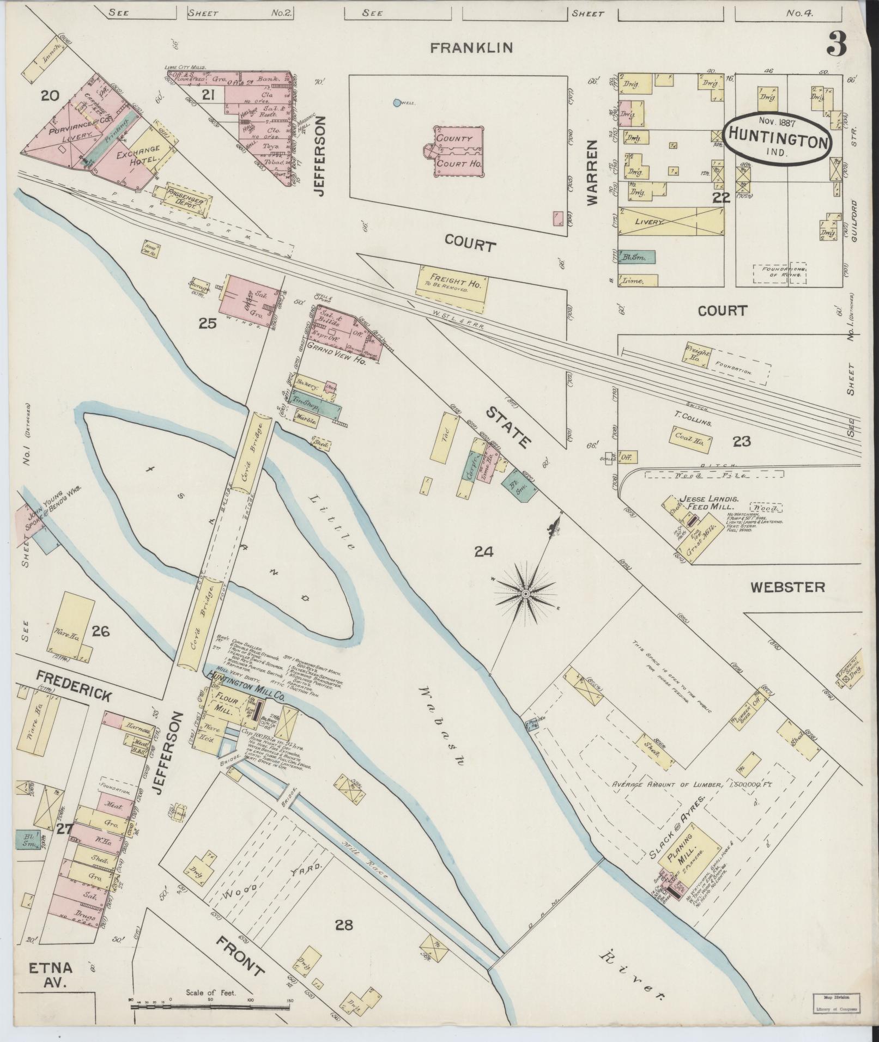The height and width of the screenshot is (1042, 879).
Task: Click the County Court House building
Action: point(458,151)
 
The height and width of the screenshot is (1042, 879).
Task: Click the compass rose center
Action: point(525,593)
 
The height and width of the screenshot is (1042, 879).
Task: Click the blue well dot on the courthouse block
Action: point(396,102)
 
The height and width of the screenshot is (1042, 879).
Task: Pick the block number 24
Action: point(483,552)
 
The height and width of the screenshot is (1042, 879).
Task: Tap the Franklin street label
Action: point(471,48)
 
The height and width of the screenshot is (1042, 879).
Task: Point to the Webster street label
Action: point(787,587)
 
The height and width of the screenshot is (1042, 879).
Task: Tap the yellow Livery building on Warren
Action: point(671,222)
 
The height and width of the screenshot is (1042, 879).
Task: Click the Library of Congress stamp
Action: point(835,1002)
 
